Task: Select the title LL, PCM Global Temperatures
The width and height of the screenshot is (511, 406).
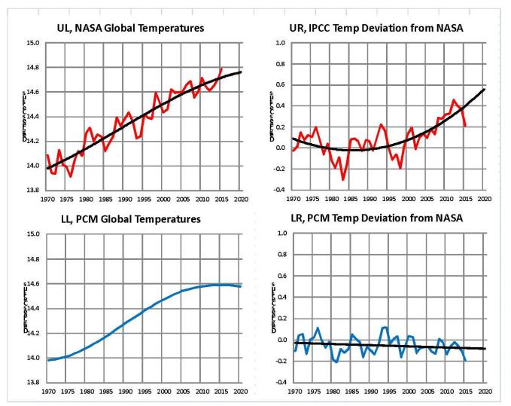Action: point(136,219)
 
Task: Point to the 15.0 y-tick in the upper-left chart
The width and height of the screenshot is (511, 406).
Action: point(32,44)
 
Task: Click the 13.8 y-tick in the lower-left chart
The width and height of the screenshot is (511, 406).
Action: point(32,383)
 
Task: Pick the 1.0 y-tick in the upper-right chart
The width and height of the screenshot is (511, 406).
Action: point(278,44)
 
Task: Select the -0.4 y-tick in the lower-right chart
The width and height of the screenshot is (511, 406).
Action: point(278,383)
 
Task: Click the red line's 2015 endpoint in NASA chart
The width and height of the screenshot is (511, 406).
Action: point(222,69)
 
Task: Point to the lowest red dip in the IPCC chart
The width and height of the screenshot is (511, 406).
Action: point(343,179)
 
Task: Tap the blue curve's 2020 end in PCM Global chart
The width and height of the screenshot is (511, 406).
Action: point(241,286)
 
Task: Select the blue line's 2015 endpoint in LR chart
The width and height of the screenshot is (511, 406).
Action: point(466,361)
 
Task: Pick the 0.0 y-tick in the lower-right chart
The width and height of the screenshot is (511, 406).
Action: point(278,340)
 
